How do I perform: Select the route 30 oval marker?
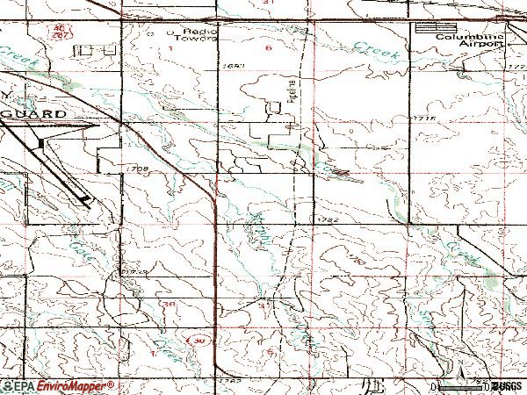200,340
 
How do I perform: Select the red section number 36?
170,303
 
